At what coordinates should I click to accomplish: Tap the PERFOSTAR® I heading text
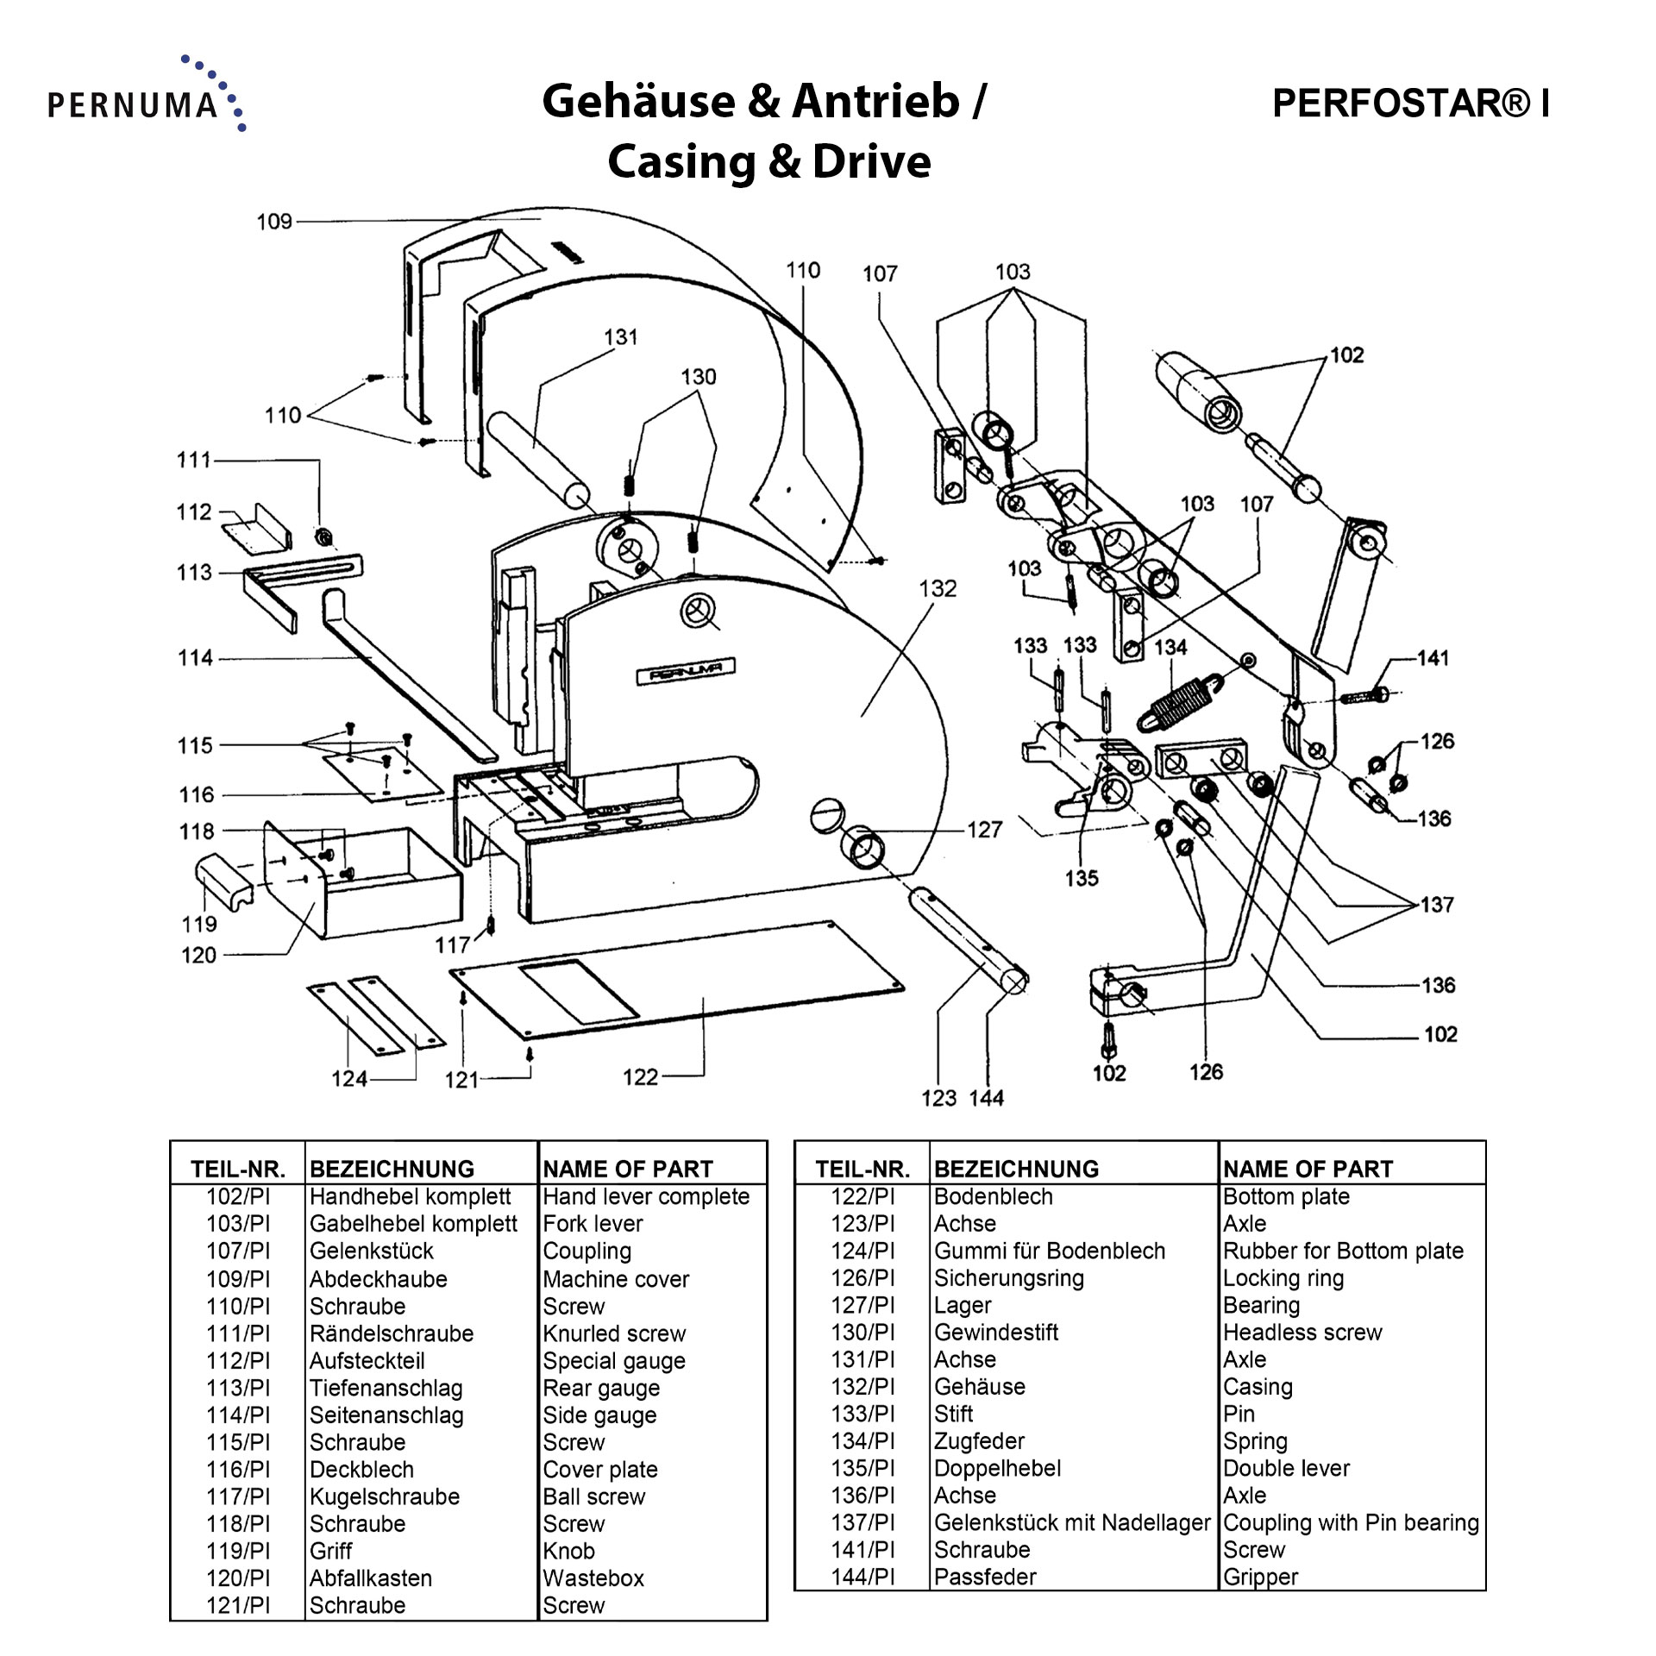(x=1410, y=103)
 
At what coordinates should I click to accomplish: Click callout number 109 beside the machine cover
(x=274, y=222)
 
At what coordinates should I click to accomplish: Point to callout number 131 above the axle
(x=620, y=337)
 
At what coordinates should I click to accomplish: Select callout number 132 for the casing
(x=938, y=589)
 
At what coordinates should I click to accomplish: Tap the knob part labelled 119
(x=223, y=880)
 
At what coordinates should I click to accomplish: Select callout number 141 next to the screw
(x=1433, y=659)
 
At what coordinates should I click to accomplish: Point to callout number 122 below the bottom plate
(x=640, y=1077)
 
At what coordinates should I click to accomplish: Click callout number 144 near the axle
(x=986, y=1098)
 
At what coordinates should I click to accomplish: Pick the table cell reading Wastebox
(x=593, y=1578)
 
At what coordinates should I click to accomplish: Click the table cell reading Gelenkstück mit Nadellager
(x=1072, y=1522)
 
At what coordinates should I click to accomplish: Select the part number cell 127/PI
(x=862, y=1305)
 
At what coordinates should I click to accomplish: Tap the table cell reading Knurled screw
(x=614, y=1333)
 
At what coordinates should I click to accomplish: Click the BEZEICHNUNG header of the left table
(x=392, y=1169)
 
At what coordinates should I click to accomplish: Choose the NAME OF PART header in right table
(x=1308, y=1169)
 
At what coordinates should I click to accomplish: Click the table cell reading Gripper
(x=1260, y=1577)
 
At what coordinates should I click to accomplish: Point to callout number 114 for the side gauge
(x=195, y=658)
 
